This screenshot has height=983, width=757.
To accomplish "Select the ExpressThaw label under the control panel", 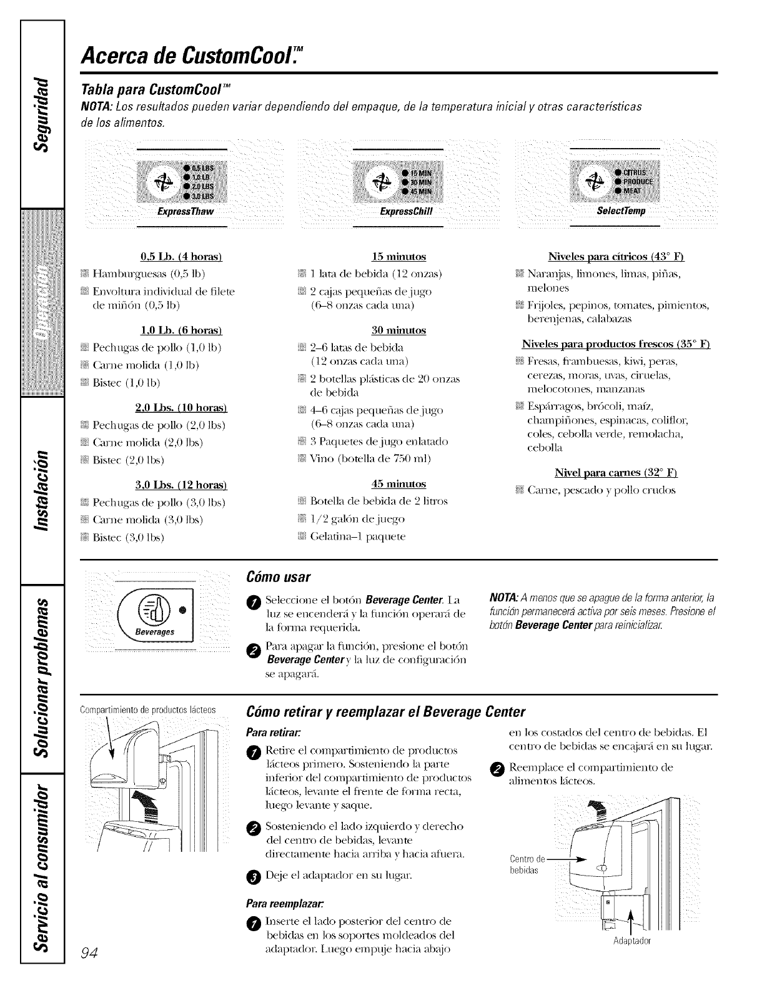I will pyautogui.click(x=186, y=211).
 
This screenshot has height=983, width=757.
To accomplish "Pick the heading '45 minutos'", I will pyautogui.click(x=398, y=483).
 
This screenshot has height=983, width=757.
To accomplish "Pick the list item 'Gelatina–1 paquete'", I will pyautogui.click(x=357, y=536).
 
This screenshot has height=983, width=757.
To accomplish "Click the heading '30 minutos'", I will pyautogui.click(x=398, y=330).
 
